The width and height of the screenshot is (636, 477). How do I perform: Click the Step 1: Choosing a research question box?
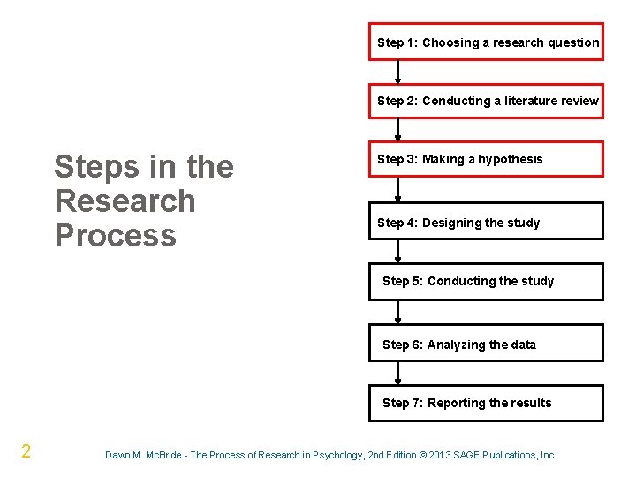coord(486,42)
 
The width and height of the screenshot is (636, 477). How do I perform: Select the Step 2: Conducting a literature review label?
coord(488,101)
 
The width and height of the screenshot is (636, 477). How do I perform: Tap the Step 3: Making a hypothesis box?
coord(486,159)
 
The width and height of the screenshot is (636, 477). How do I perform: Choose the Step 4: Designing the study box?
coord(486,222)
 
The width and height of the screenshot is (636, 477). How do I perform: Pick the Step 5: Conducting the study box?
coord(486,281)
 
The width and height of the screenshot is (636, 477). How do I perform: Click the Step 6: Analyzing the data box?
coord(486,344)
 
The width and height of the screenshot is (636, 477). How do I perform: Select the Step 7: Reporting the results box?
coord(486,403)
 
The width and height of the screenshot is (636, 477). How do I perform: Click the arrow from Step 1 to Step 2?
coord(398,72)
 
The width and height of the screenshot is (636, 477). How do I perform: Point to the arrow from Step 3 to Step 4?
coord(398,189)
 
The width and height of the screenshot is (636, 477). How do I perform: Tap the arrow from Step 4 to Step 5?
coord(398,252)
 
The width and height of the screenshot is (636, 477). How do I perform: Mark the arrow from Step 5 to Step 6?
coord(398,312)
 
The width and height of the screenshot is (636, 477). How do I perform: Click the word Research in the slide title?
coord(125,201)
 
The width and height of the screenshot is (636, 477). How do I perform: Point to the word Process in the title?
coord(115,235)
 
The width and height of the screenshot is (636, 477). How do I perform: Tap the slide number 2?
coord(26,452)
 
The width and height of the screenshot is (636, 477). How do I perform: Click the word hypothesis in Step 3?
coord(511,159)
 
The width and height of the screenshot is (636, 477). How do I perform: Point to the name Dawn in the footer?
coord(118,455)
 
